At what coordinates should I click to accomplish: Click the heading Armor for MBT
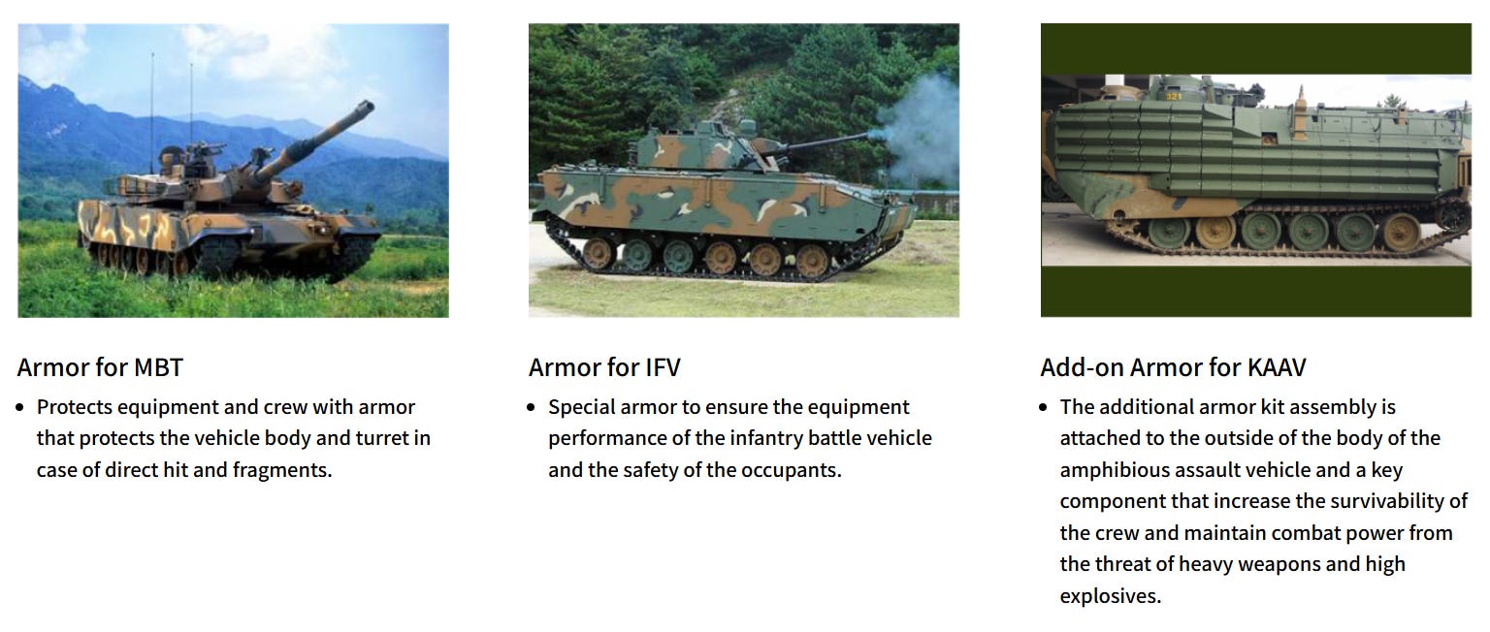pos(100,367)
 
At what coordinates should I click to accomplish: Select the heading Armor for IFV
pos(604,367)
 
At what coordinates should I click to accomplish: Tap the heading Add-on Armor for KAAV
pos(1174,367)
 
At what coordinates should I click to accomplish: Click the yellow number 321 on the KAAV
pos(1174,96)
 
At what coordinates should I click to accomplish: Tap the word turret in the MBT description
pos(381,438)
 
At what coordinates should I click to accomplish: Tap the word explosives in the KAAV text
pos(1111,596)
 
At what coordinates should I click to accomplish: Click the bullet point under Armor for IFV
pos(531,407)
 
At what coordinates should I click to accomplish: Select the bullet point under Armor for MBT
pos(19,407)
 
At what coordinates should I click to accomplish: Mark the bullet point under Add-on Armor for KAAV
pos(1043,407)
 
